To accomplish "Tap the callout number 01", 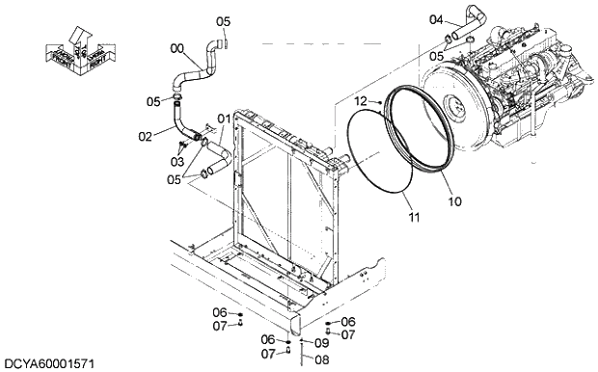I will click(224, 120).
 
